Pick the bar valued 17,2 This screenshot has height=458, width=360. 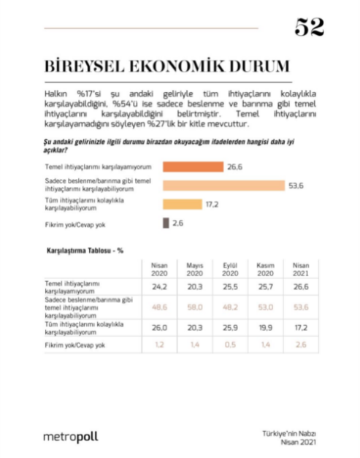click(x=182, y=205)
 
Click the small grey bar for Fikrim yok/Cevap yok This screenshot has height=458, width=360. click(x=165, y=223)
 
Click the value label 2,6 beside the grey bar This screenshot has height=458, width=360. click(x=177, y=223)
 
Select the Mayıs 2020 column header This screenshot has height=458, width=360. click(x=195, y=268)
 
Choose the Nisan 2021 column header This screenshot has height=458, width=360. click(x=301, y=268)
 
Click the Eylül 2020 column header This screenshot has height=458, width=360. click(x=231, y=268)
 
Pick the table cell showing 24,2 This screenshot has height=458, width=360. click(x=159, y=288)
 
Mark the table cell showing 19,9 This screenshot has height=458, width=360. click(x=266, y=328)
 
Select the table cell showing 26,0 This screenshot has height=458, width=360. click(x=159, y=328)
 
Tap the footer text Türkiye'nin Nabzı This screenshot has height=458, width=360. click(x=291, y=432)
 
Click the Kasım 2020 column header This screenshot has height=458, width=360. click(x=266, y=268)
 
